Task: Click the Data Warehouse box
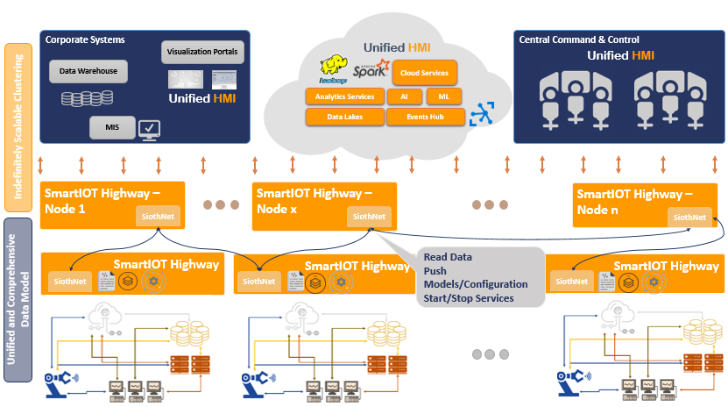point(88,71)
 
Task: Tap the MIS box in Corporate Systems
point(112,128)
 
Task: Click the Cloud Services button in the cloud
point(425,74)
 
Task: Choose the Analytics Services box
point(345,96)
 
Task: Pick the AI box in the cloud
point(404,96)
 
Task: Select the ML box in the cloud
point(444,96)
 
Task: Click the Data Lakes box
point(345,116)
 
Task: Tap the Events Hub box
point(424,116)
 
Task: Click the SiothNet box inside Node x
point(369,217)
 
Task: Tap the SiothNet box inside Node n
point(689,218)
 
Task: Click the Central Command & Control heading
point(579,39)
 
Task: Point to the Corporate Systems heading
point(85,39)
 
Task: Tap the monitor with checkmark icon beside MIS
point(149,129)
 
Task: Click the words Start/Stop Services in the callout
point(468,298)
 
